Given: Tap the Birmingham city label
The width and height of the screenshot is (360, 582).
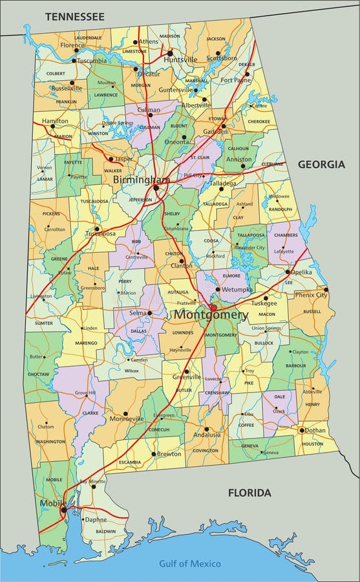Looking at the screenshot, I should (142, 179).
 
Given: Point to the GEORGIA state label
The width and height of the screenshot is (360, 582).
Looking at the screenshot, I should (321, 164).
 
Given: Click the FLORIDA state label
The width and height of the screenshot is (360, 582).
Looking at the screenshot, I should (249, 493).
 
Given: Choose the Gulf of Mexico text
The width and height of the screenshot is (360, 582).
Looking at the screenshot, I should (190, 563).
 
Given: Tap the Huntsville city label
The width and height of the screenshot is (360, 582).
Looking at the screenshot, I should (180, 59).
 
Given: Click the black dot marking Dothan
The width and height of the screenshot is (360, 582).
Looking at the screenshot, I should (301, 430).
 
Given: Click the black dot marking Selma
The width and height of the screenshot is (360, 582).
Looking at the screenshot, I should (149, 313).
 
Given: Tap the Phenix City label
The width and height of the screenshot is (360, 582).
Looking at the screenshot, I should (311, 295).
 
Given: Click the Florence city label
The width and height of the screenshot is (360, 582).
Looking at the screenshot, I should (72, 46).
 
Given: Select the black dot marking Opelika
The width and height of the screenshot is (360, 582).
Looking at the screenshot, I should (288, 272).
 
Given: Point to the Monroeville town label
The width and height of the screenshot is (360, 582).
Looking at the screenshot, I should (143, 419).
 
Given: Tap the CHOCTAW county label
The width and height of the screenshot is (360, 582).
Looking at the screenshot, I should (38, 374).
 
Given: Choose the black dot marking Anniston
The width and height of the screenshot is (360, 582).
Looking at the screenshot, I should (243, 166).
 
